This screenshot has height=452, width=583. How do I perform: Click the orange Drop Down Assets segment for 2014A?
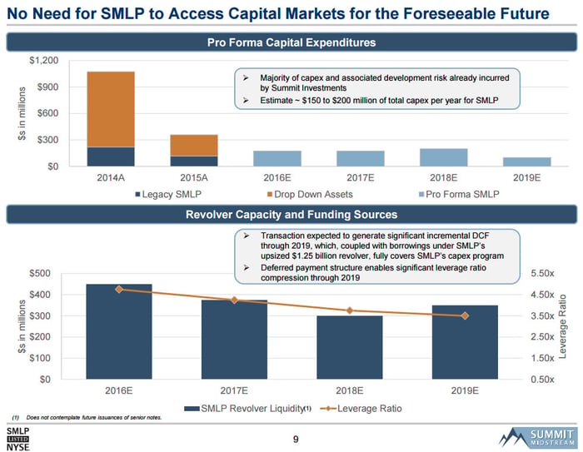tap(111, 109)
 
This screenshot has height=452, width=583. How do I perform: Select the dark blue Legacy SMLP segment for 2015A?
tap(194, 161)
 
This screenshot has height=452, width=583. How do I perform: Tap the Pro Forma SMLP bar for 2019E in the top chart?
tap(527, 161)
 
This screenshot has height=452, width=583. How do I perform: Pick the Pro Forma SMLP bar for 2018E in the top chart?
tap(444, 157)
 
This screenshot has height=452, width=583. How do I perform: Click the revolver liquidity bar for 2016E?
tap(119, 331)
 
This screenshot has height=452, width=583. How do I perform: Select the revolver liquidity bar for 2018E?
tap(350, 348)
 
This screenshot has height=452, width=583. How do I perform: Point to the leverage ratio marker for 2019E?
tap(465, 315)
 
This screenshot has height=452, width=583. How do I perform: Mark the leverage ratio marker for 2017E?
tap(234, 300)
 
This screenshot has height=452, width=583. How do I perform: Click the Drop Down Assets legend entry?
tap(310, 195)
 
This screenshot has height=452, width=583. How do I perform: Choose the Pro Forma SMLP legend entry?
tap(459, 195)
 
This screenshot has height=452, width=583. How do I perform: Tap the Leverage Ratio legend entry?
tap(361, 409)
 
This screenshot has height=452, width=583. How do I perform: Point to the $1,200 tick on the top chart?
tap(44, 60)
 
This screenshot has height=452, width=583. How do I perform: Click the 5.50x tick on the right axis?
tap(542, 273)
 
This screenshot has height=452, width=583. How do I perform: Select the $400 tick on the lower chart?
tap(40, 295)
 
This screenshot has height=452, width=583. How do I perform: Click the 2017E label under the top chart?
tap(361, 177)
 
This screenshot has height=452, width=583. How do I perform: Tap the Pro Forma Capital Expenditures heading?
tap(291, 42)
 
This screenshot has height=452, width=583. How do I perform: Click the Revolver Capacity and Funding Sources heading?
tap(291, 215)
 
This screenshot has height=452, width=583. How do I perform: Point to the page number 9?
tap(296, 440)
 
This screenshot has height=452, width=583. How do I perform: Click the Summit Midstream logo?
tap(538, 438)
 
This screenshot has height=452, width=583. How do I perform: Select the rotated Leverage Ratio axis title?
tap(562, 326)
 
